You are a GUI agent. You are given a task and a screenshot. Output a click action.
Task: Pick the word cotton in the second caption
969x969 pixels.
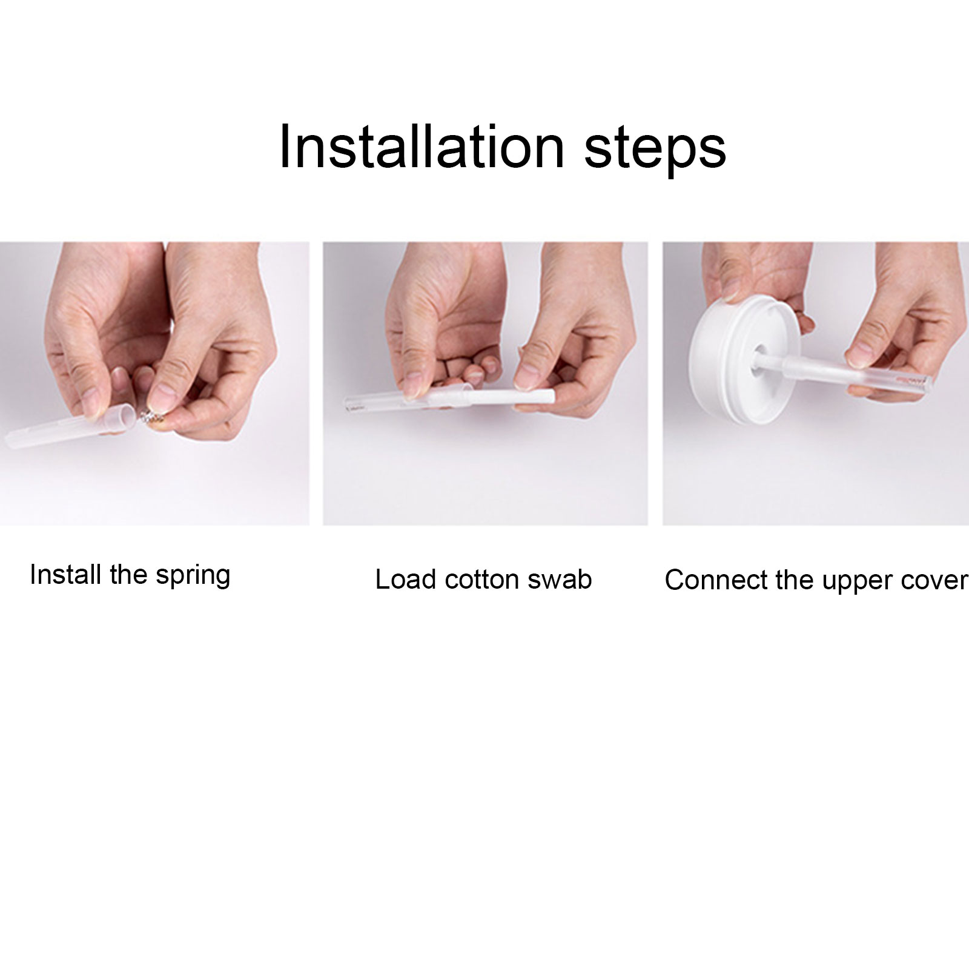pyautogui.click(x=483, y=580)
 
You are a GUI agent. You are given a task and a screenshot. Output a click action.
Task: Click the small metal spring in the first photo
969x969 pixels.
pyautogui.click(x=148, y=417)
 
